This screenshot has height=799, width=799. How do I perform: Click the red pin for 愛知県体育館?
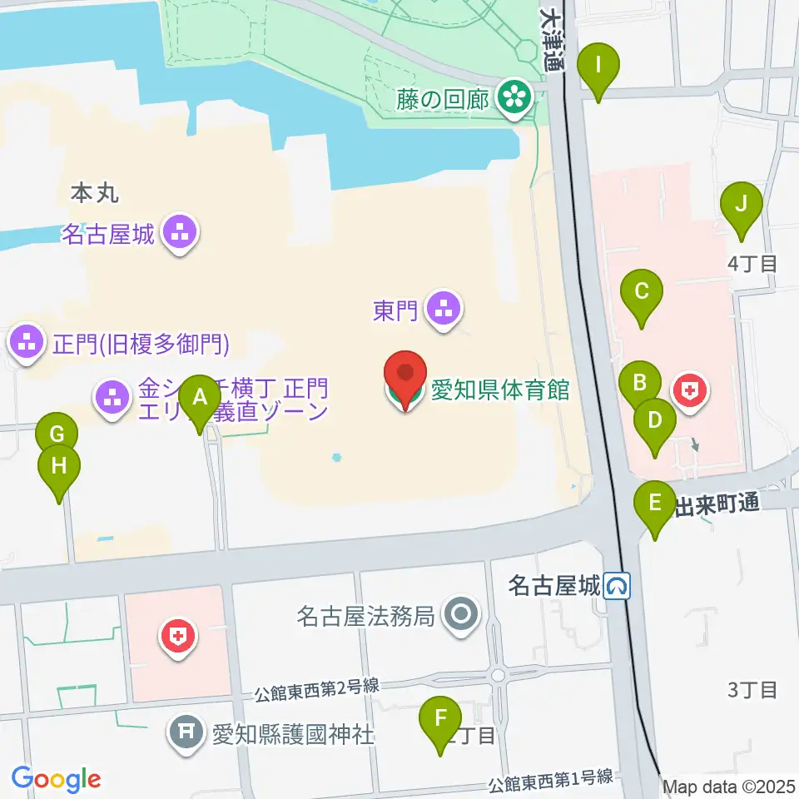pos(405,379)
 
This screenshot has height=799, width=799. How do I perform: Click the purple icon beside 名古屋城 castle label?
pos(180,235)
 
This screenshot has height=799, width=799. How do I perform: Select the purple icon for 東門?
pos(442,310)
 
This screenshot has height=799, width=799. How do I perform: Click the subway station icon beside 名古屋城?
pos(618,588)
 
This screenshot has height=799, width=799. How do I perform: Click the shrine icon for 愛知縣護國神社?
pos(185,734)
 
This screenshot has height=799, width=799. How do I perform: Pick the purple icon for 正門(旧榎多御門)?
pos(27,343)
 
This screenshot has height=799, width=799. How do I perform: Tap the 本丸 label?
pos(95,193)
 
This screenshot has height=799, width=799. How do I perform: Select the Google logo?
pos(56,779)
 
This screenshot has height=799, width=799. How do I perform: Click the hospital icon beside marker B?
pos(690,390)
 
